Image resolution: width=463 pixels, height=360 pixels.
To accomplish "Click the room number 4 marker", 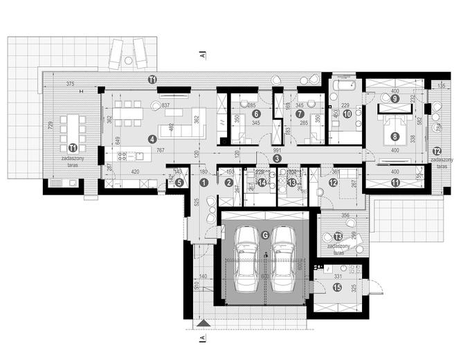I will pyautogui.click(x=152, y=138).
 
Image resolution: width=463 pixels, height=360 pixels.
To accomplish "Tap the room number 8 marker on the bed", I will pyautogui.click(x=394, y=137).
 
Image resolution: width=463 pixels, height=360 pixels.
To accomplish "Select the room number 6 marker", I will pyautogui.click(x=255, y=114).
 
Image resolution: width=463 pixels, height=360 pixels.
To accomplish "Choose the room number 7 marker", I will pyautogui.click(x=300, y=114).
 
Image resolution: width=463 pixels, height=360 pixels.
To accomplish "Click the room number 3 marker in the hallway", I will pyautogui.click(x=276, y=159).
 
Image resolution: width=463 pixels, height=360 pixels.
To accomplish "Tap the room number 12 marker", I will pyautogui.click(x=334, y=182).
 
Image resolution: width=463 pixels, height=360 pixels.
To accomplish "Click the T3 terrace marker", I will pyautogui.click(x=338, y=235).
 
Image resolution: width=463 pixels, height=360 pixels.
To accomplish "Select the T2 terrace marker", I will pyautogui.click(x=436, y=150).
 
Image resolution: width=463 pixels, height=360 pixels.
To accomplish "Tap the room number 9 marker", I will pyautogui.click(x=394, y=99).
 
